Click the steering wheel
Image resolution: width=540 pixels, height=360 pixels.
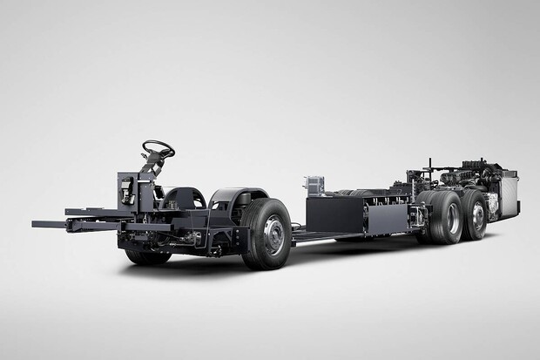[158, 148]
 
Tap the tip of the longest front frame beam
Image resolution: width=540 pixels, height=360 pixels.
[36, 224]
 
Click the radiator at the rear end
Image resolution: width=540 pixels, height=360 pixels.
[508, 195]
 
